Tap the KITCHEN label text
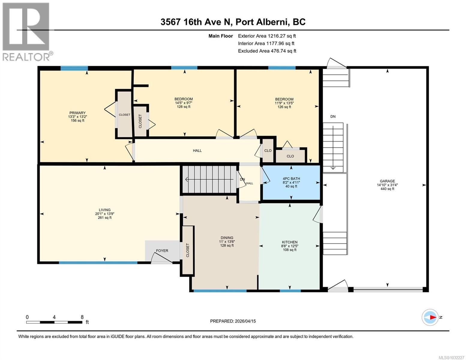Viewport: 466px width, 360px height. tap(290, 242)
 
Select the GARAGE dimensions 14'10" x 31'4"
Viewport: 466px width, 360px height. tap(387, 185)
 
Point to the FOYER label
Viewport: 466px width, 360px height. tap(162, 250)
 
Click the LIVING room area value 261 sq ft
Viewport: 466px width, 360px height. tap(105, 217)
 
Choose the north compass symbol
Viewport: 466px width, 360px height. tap(430, 317)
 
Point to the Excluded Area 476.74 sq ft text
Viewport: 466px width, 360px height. tap(267, 51)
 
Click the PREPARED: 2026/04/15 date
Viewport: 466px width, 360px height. tap(233, 321)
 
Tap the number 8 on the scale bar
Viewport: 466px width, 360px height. tap(82, 317)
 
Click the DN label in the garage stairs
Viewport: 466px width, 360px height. tap(333, 116)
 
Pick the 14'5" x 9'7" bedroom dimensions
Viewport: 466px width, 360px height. tap(184, 103)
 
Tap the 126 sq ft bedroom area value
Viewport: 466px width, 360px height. tap(284, 107)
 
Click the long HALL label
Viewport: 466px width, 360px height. tap(197, 151)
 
